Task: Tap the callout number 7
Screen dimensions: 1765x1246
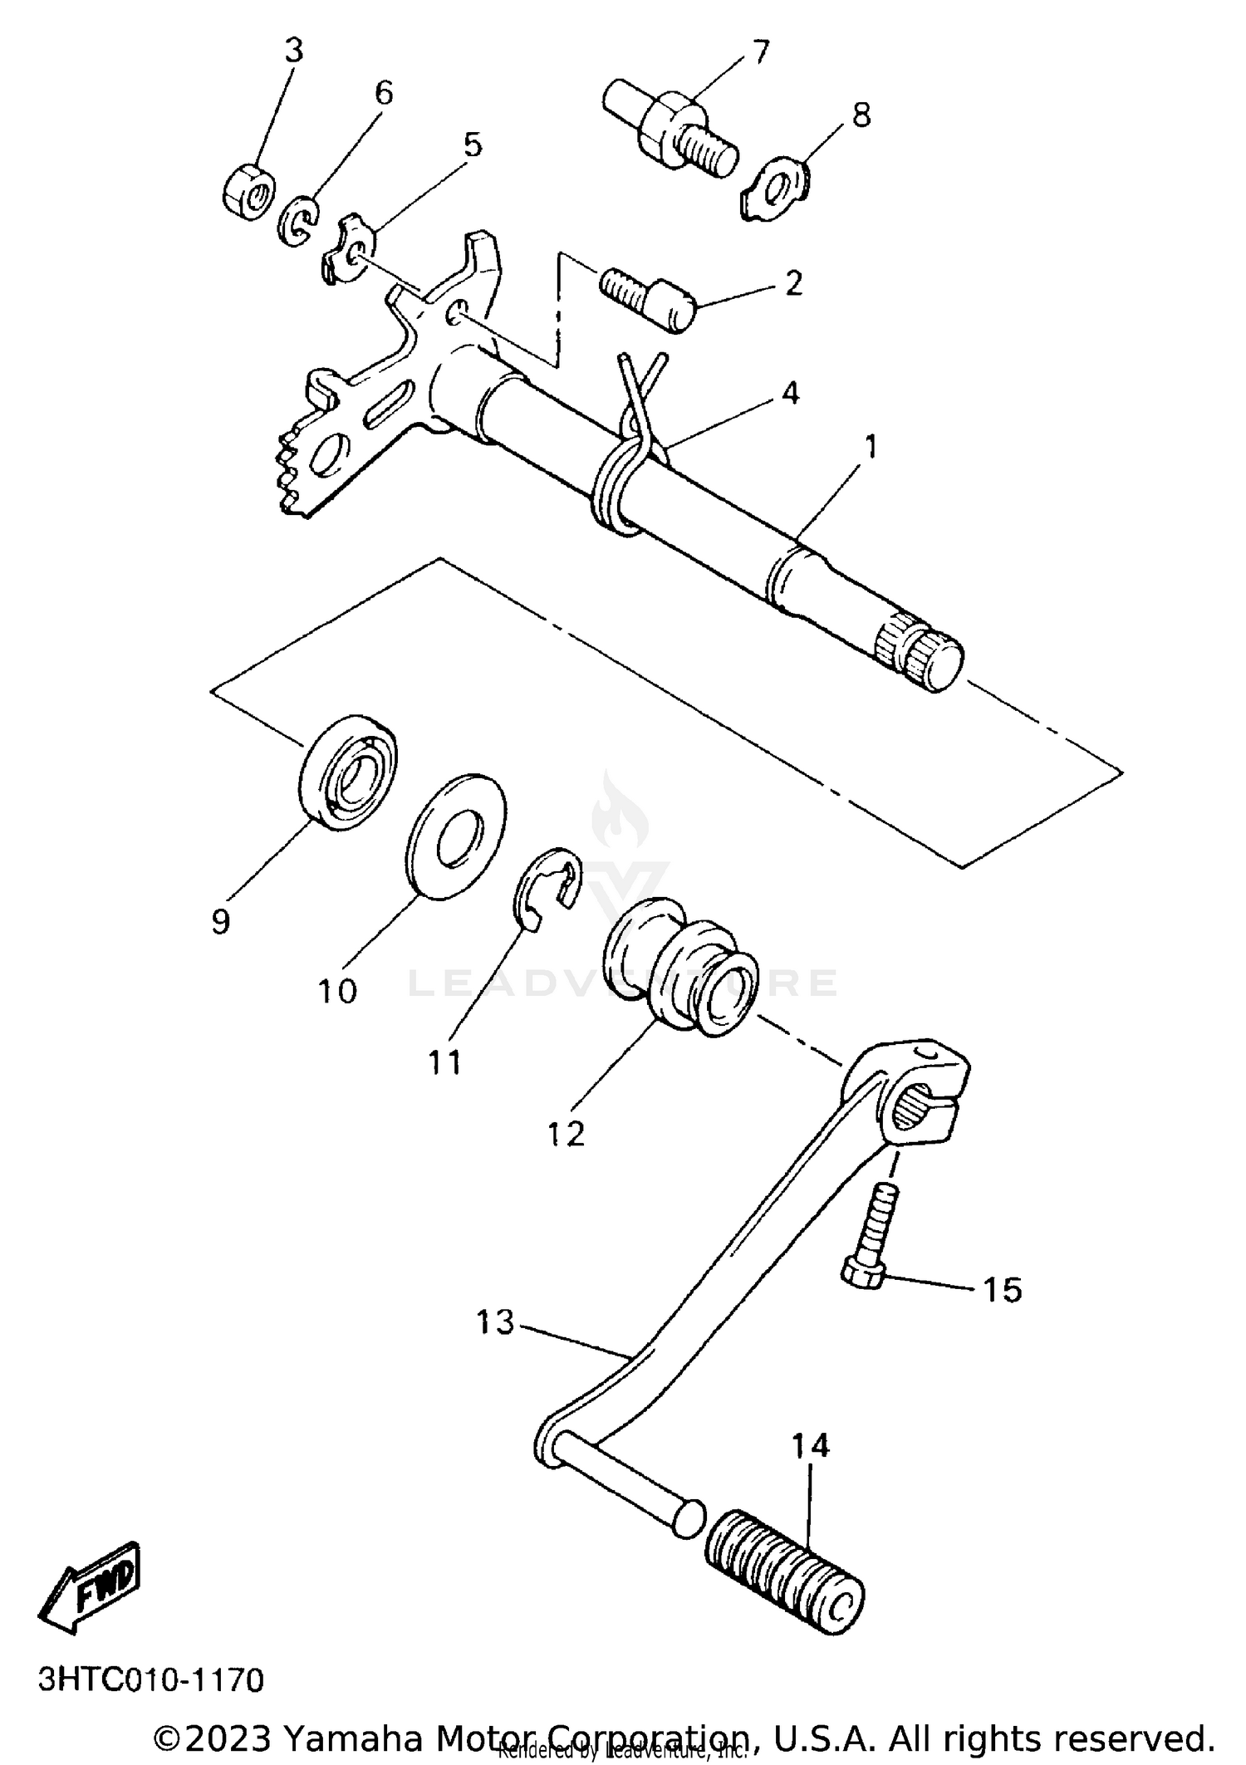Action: [x=761, y=51]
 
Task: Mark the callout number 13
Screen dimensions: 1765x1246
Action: [x=496, y=1321]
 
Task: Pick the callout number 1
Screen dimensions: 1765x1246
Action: [x=871, y=446]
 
